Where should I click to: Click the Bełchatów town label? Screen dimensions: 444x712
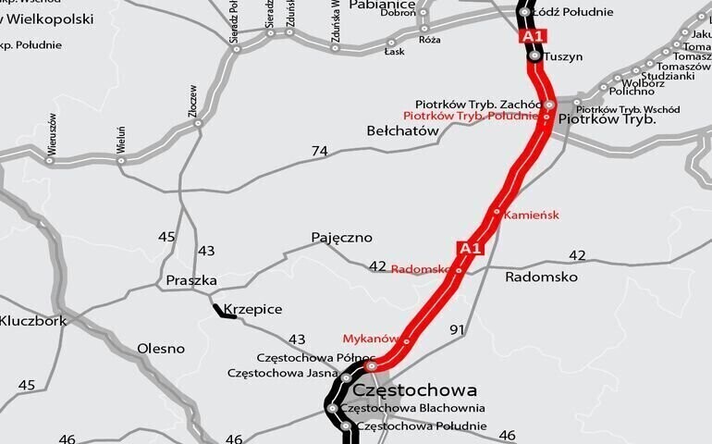click(402, 131)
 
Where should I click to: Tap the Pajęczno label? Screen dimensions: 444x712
click(341, 238)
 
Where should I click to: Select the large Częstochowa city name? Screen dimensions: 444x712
click(415, 389)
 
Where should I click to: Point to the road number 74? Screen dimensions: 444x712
click(320, 151)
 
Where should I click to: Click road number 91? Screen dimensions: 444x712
click(457, 329)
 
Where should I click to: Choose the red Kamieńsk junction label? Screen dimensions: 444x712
click(532, 215)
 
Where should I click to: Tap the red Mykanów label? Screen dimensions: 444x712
click(370, 339)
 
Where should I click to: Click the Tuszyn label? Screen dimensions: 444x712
click(563, 56)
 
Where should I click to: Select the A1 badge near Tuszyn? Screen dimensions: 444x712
click(534, 36)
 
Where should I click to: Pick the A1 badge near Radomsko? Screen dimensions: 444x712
click(470, 248)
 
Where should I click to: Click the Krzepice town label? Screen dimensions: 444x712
click(252, 310)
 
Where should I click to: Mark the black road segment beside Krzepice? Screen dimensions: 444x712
click(225, 312)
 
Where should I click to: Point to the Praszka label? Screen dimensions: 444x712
click(191, 280)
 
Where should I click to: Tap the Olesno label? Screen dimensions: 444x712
click(161, 349)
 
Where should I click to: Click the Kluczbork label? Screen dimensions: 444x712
click(33, 321)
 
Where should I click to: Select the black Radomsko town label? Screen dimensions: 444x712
click(541, 277)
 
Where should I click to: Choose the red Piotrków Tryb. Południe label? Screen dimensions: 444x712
click(471, 116)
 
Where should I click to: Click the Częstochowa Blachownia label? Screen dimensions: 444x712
click(412, 408)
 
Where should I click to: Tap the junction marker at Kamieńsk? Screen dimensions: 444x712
click(497, 212)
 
